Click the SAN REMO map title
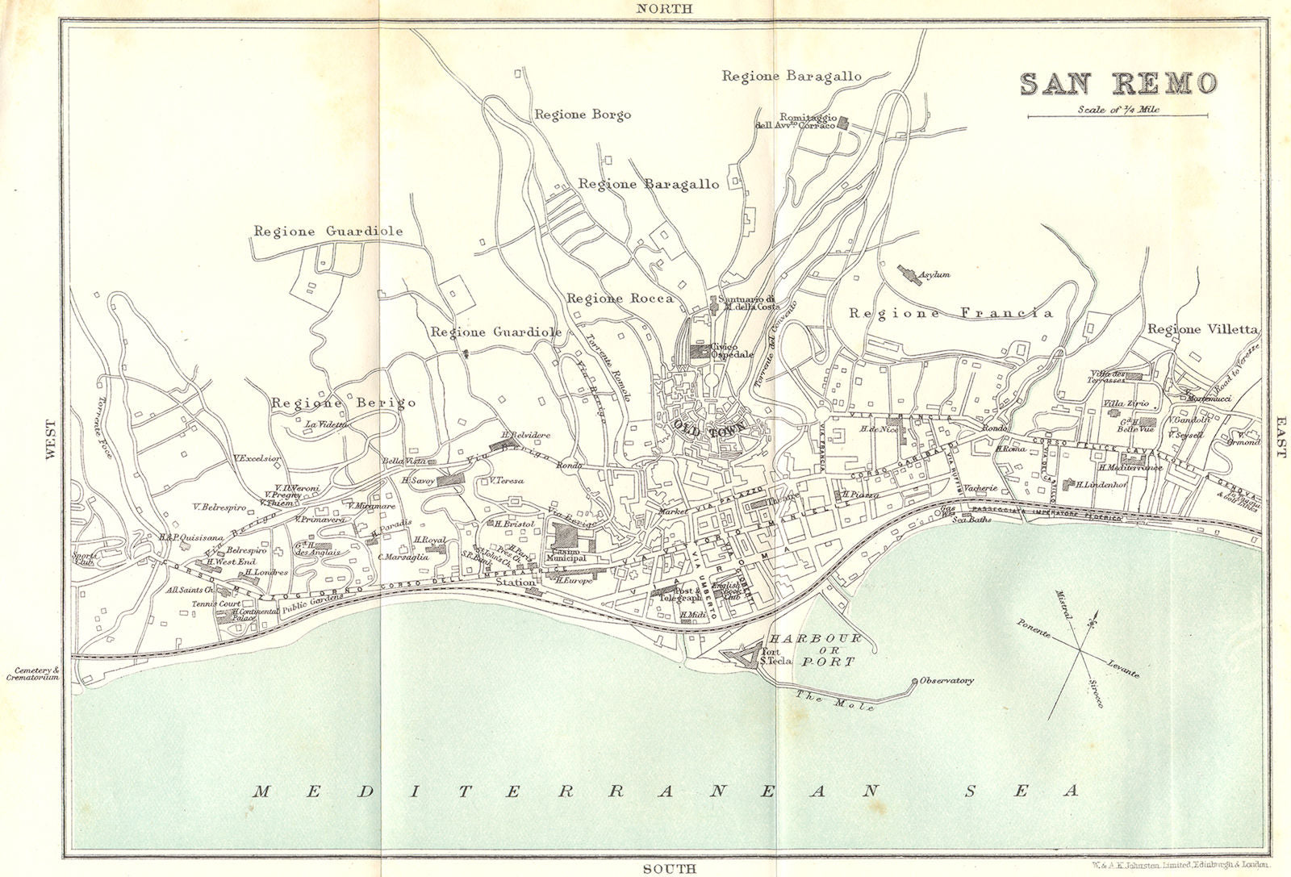pyautogui.click(x=1118, y=84)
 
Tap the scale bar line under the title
pyautogui.click(x=1119, y=118)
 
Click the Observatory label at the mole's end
pyautogui.click(x=946, y=680)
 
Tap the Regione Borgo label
pyautogui.click(x=583, y=115)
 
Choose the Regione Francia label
pyautogui.click(x=950, y=313)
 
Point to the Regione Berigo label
pyautogui.click(x=344, y=402)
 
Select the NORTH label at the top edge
pyautogui.click(x=663, y=8)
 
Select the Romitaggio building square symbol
pyautogui.click(x=843, y=122)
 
